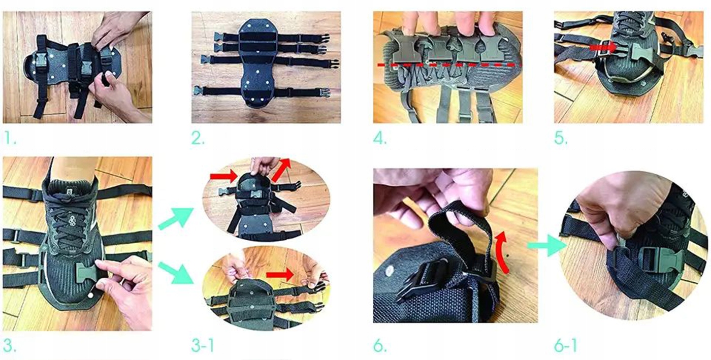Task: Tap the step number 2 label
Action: (198, 139)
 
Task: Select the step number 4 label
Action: (380, 139)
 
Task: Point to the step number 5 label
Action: (561, 139)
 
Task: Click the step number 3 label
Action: (10, 345)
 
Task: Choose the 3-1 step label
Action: (203, 345)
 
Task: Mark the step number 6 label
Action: (380, 345)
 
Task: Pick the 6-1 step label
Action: (566, 345)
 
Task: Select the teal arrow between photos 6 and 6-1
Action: (546, 246)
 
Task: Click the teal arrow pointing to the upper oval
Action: (176, 218)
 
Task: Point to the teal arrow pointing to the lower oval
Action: (176, 272)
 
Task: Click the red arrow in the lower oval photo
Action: (280, 274)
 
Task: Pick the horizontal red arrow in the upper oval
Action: (224, 176)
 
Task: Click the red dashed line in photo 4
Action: (449, 65)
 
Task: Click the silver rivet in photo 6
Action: (389, 271)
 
